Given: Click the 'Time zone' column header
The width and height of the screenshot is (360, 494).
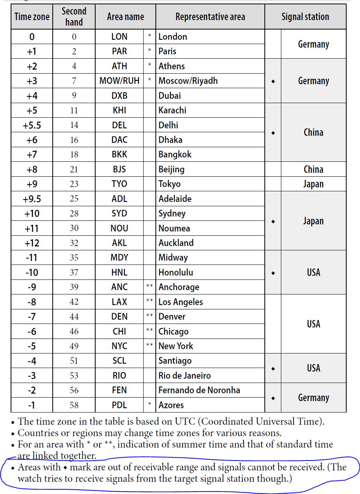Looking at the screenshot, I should pos(32,17).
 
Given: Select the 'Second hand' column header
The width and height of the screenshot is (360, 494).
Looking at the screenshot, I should pos(74,17).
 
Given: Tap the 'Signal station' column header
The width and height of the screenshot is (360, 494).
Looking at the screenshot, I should pos(305,17).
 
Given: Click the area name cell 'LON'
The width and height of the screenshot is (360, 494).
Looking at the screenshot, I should pos(119,37).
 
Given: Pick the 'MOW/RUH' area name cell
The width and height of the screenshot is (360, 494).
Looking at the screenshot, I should pos(119,81).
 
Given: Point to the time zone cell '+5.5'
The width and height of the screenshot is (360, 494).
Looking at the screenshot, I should pos(32,125).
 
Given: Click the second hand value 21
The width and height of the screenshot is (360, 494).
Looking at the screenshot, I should pos(74,169).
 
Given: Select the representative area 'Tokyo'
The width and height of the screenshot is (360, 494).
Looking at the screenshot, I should pos(170,184).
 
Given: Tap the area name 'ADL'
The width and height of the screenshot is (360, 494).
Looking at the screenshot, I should pos(119,199).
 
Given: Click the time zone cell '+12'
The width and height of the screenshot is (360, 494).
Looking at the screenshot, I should pos(32,243).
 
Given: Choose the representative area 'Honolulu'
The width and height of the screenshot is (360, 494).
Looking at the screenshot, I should pos(175,272).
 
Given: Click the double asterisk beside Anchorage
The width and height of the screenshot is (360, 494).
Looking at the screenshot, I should pos(150,287).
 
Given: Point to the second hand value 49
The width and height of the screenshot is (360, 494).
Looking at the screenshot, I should pos(74,346).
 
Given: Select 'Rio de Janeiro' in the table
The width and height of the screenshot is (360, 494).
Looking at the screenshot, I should pos(185,376).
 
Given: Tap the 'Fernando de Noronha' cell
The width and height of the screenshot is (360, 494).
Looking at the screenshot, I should pos(199,390).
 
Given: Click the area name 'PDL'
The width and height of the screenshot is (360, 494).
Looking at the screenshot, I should pos(119,405).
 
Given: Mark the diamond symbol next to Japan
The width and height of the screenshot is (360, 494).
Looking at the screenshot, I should pos(273,221).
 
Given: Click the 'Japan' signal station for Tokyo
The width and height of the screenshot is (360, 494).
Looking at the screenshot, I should pos(313,184).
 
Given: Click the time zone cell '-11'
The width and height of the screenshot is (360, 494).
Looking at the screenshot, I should pos(32,257).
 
